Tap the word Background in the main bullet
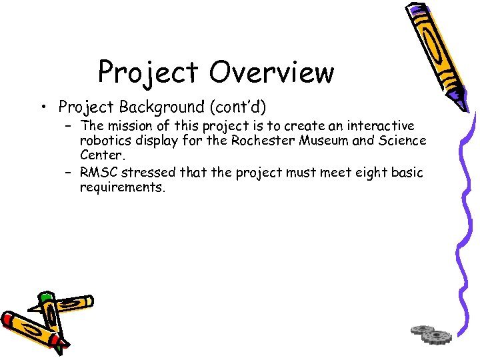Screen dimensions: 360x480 tap(161, 107)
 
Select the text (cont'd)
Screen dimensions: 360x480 tap(235, 107)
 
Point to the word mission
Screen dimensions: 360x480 tap(131, 125)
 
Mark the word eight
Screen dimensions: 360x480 tap(365, 173)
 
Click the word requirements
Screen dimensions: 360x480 tap(122, 187)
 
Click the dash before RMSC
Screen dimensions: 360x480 tap(69, 173)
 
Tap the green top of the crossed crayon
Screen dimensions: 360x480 tap(45, 297)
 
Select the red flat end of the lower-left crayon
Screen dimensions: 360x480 tap(8, 319)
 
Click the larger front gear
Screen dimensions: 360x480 tap(437, 337)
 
